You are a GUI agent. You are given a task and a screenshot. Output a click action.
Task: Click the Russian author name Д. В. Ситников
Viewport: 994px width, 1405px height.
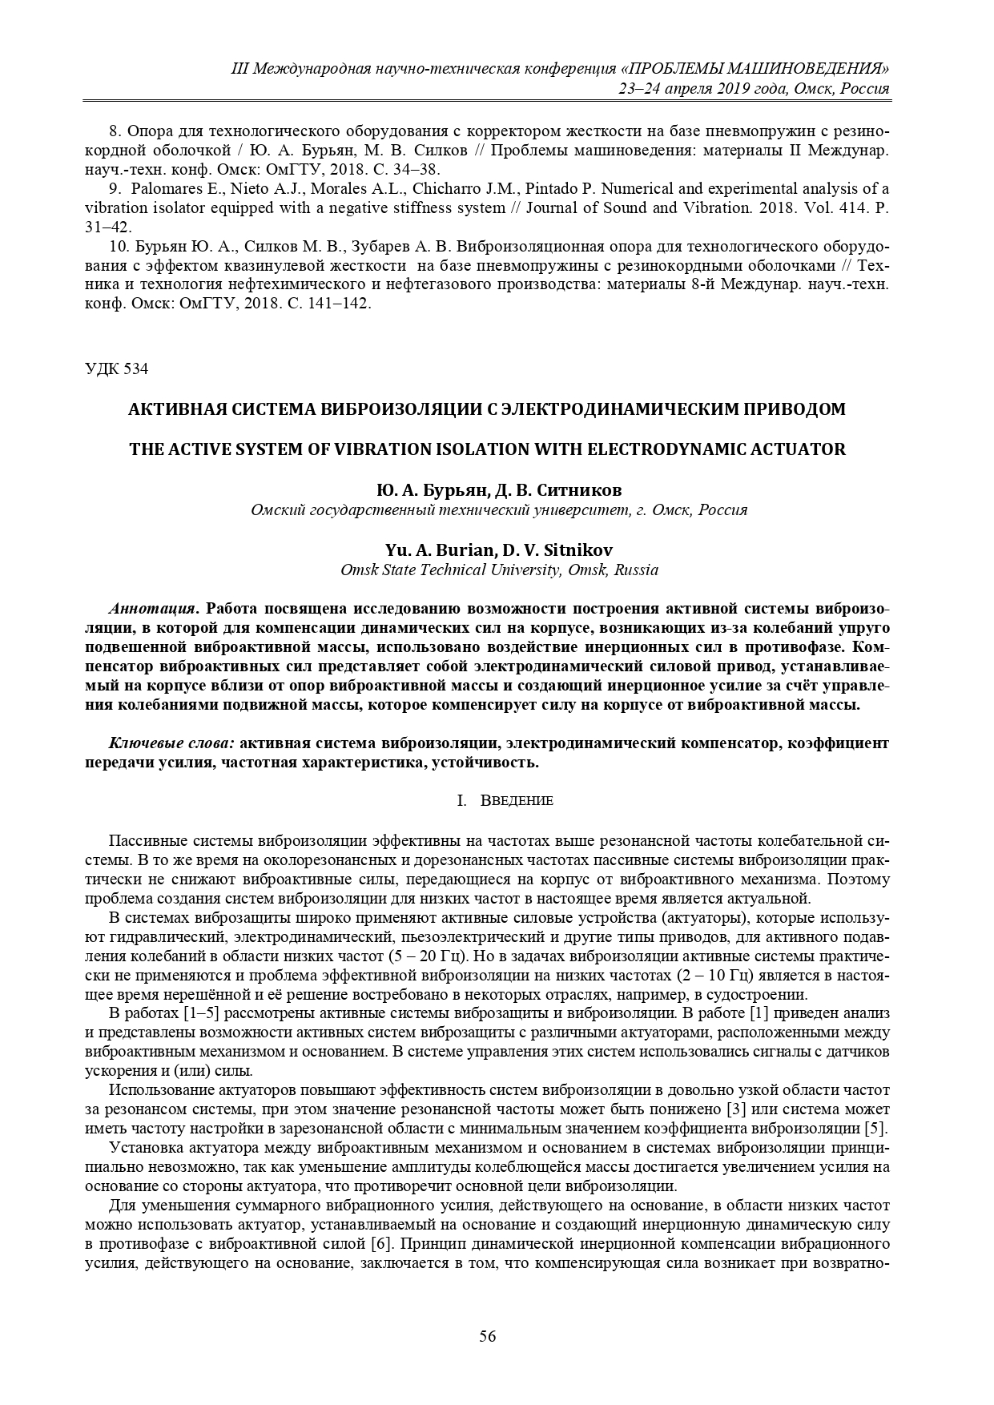click(x=551, y=489)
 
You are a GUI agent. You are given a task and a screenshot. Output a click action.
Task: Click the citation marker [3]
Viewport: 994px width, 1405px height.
click(x=736, y=1110)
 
